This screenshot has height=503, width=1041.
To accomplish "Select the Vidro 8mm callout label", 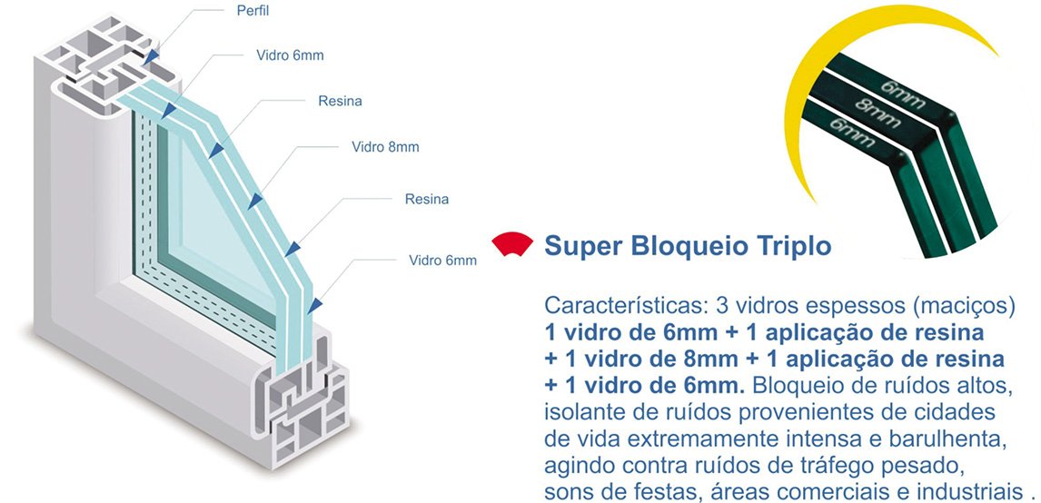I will pos(385,147).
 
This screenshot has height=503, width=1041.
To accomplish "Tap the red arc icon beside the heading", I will pos(511,244).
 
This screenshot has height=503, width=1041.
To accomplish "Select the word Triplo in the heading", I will pos(792,246).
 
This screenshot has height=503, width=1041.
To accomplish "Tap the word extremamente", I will pos(706,440).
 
